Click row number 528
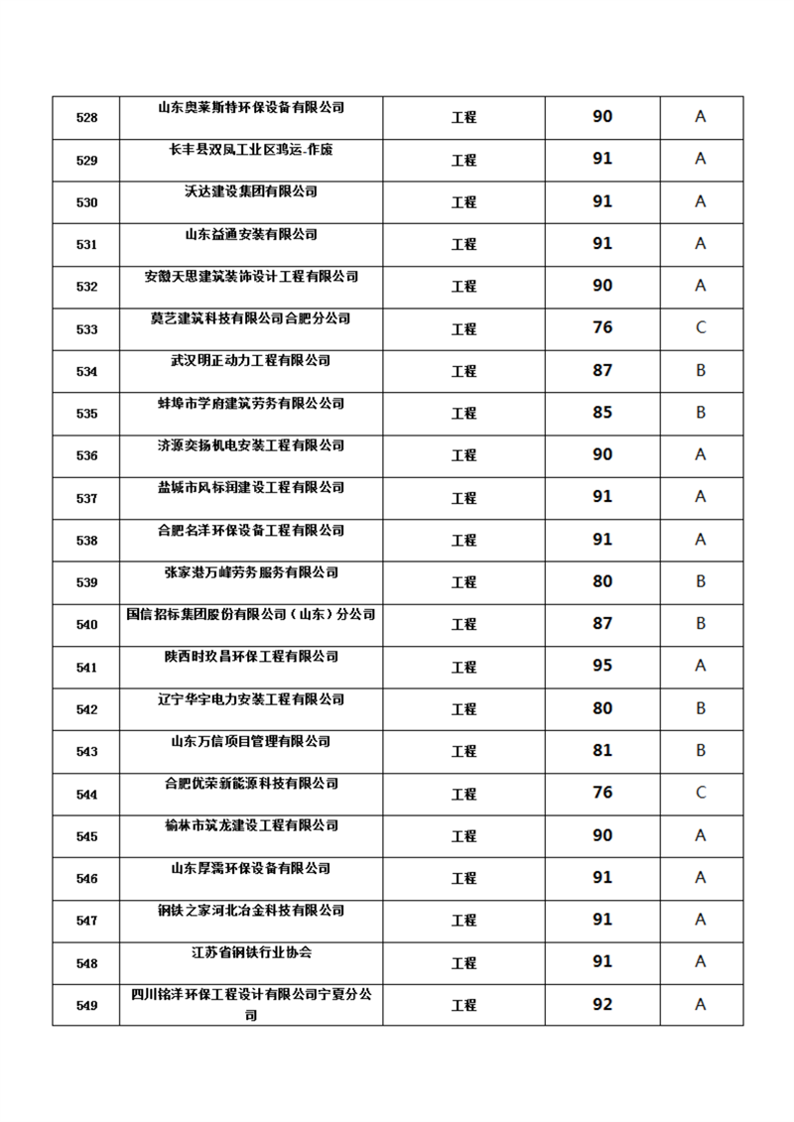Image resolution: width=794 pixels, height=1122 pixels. tap(86, 118)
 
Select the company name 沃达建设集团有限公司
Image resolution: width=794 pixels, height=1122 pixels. tap(251, 191)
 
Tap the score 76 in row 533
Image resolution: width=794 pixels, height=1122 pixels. tap(602, 327)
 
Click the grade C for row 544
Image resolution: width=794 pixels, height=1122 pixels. tap(700, 793)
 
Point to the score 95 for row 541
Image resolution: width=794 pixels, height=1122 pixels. tap(602, 666)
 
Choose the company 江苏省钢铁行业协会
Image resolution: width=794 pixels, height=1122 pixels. tap(251, 952)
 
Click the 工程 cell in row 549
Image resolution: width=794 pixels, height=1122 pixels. tap(463, 1005)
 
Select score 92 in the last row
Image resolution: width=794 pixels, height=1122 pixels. tap(602, 1004)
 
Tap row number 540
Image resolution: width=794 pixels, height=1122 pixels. tap(86, 625)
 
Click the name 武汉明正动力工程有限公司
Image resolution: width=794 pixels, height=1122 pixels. tap(251, 361)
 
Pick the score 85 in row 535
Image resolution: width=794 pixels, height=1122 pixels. tap(602, 413)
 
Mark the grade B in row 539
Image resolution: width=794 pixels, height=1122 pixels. tap(700, 581)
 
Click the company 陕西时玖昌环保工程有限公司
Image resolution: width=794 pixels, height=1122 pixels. tap(251, 657)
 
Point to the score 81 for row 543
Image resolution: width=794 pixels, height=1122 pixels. tap(602, 750)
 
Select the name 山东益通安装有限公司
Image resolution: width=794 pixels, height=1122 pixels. tap(251, 234)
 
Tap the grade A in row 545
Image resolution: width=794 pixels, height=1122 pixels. tap(700, 835)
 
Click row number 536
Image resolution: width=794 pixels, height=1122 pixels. tap(86, 456)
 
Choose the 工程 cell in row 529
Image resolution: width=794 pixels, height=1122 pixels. tap(463, 160)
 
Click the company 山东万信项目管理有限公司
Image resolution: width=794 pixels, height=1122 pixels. tap(251, 741)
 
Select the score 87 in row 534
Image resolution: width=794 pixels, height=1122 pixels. tap(602, 370)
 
